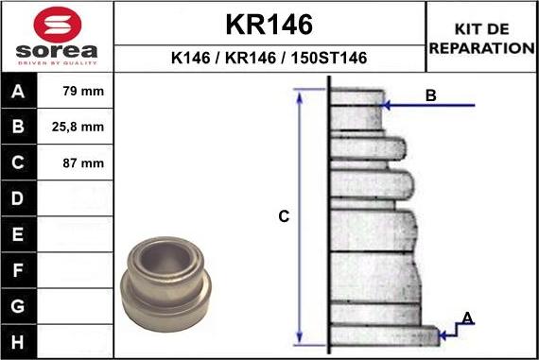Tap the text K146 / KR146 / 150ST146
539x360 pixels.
[x=269, y=59]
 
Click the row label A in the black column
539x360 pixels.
[x=19, y=93]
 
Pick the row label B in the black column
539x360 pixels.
[x=19, y=128]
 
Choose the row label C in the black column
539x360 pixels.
[x=19, y=163]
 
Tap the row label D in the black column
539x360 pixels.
[x=19, y=199]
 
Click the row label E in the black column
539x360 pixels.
[x=19, y=235]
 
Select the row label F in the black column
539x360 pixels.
[x=19, y=271]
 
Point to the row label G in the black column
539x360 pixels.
[x=19, y=307]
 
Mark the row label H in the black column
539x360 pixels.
[x=19, y=340]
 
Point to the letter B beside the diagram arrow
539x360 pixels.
[x=430, y=95]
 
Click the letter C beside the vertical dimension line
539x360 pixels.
[x=283, y=217]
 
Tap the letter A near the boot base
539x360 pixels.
[x=466, y=317]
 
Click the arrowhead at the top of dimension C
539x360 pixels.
[x=301, y=93]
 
